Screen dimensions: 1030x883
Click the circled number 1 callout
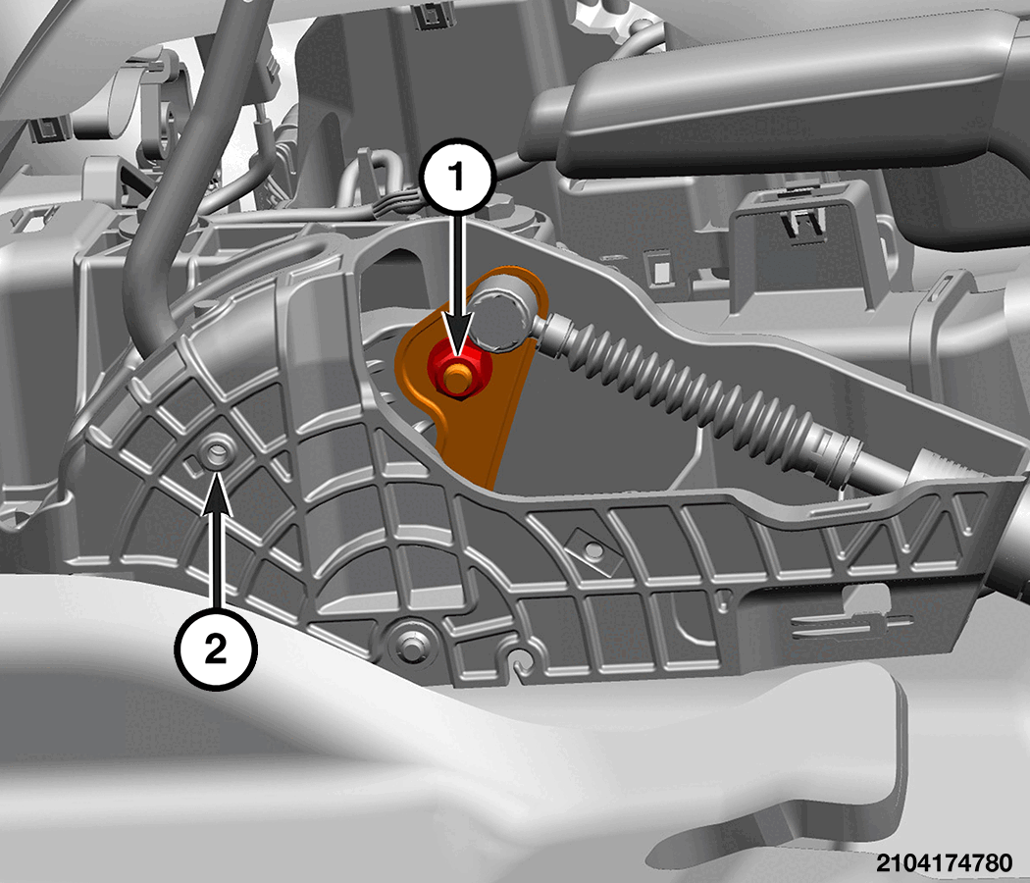point(458,176)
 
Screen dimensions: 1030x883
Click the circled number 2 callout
point(216,649)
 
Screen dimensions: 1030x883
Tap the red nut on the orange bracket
point(455,373)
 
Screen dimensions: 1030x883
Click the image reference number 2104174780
point(944,862)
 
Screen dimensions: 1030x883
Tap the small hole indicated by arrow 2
point(216,452)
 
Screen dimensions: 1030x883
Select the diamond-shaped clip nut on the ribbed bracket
point(593,549)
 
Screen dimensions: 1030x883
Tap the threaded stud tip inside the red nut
point(456,376)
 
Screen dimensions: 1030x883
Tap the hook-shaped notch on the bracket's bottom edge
point(519,661)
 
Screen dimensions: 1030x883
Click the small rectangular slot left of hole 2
point(192,468)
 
